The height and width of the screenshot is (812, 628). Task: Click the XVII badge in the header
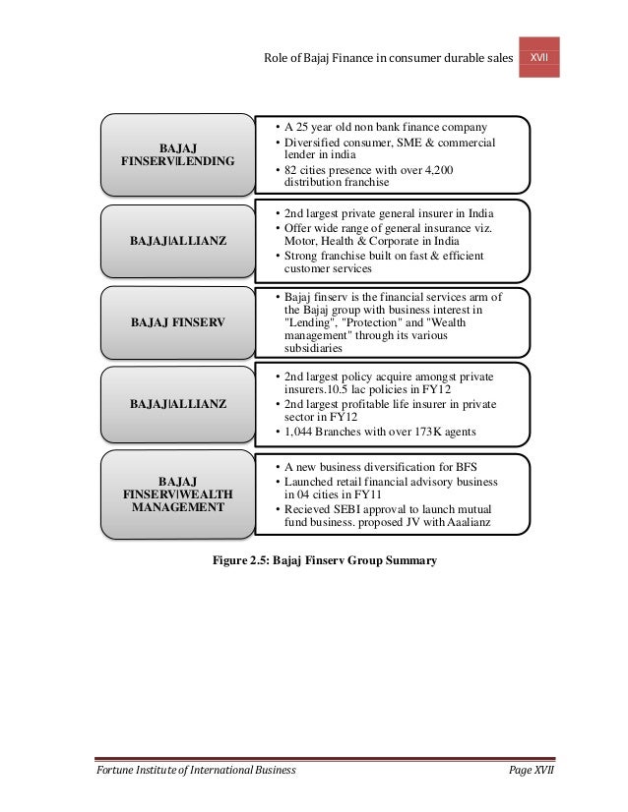pyautogui.click(x=539, y=58)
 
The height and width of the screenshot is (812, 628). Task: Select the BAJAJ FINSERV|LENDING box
pyautogui.click(x=177, y=151)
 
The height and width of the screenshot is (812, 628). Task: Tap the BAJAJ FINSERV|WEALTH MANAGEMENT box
pyautogui.click(x=177, y=493)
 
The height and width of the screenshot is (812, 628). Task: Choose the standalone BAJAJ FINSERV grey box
pyautogui.click(x=177, y=320)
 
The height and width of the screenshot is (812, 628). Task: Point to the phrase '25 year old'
pyautogui.click(x=327, y=127)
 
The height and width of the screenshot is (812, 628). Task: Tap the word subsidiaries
pyautogui.click(x=313, y=348)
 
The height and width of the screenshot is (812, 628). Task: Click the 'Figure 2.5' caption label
pyautogui.click(x=240, y=561)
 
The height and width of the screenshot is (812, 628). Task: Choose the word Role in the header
pyautogui.click(x=278, y=60)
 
